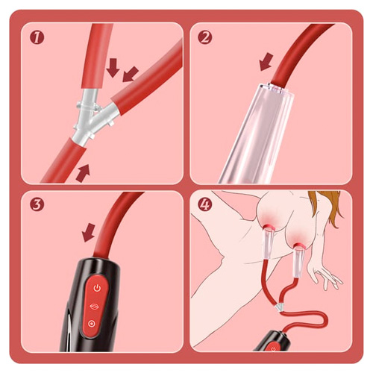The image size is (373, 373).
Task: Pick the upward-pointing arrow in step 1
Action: (x=83, y=173)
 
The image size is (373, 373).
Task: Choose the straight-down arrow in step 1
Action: (x=113, y=69)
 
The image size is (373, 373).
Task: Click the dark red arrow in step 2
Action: (x=265, y=63)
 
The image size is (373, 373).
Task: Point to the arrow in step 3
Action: (x=89, y=234)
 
